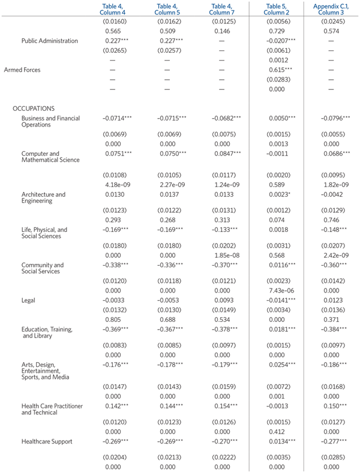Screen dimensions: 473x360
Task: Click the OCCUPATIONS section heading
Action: (34, 109)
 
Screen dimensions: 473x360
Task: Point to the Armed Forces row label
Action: (23, 70)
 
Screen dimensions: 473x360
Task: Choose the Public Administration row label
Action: (50, 41)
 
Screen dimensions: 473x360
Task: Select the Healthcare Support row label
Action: (47, 441)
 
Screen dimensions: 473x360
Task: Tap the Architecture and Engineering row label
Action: (43, 198)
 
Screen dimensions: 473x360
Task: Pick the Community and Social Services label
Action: (43, 268)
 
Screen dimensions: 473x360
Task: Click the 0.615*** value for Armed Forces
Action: (281, 70)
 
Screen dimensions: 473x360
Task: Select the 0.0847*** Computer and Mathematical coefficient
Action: (224, 153)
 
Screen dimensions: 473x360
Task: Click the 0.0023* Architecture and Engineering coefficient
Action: (280, 194)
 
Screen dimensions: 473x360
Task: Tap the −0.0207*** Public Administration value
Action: (281, 41)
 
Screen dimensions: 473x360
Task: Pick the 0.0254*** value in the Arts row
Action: (281, 364)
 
